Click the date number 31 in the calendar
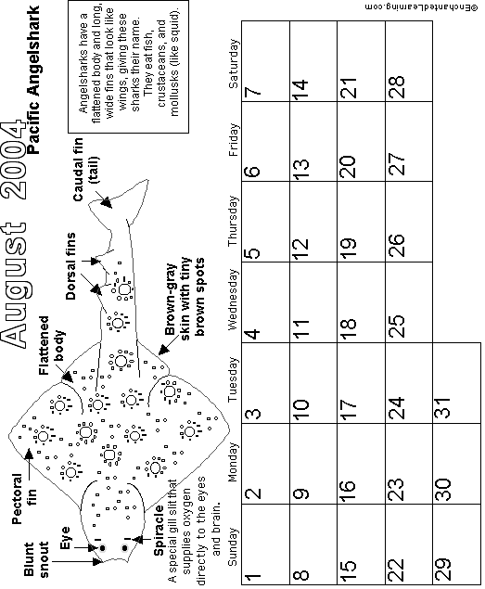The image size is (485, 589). [x=443, y=407]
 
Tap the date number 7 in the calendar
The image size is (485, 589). [x=252, y=91]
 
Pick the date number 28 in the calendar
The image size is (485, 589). [x=396, y=87]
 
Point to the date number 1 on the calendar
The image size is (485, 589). [x=252, y=575]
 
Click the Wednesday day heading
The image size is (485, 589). [x=233, y=300]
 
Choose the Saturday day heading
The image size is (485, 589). [x=233, y=63]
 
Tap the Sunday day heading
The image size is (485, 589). [x=233, y=546]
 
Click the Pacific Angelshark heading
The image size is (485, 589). [x=33, y=80]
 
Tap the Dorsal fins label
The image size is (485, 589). [x=70, y=266]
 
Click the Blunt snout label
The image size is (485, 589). [x=36, y=559]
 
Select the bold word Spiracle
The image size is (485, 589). [x=159, y=531]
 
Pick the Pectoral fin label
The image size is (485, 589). [x=24, y=499]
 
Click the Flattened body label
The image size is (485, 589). [x=52, y=345]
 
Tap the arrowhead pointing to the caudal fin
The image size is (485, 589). [x=107, y=203]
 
